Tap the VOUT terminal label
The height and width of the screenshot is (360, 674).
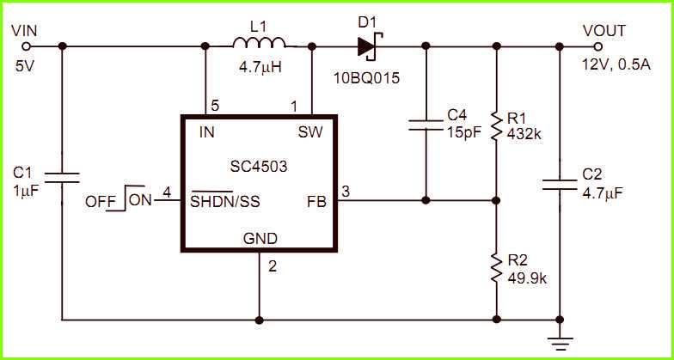tap(604, 30)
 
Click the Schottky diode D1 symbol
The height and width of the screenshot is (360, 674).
tap(370, 45)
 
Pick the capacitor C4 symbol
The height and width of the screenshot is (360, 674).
tap(426, 125)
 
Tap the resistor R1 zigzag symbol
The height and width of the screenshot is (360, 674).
tap(496, 125)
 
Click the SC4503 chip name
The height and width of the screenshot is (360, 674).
tap(259, 166)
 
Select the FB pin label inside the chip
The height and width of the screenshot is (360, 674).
tap(316, 203)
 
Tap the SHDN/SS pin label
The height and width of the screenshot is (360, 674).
tap(225, 203)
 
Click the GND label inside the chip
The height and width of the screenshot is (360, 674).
tap(259, 239)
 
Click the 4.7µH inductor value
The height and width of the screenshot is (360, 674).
tap(259, 65)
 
